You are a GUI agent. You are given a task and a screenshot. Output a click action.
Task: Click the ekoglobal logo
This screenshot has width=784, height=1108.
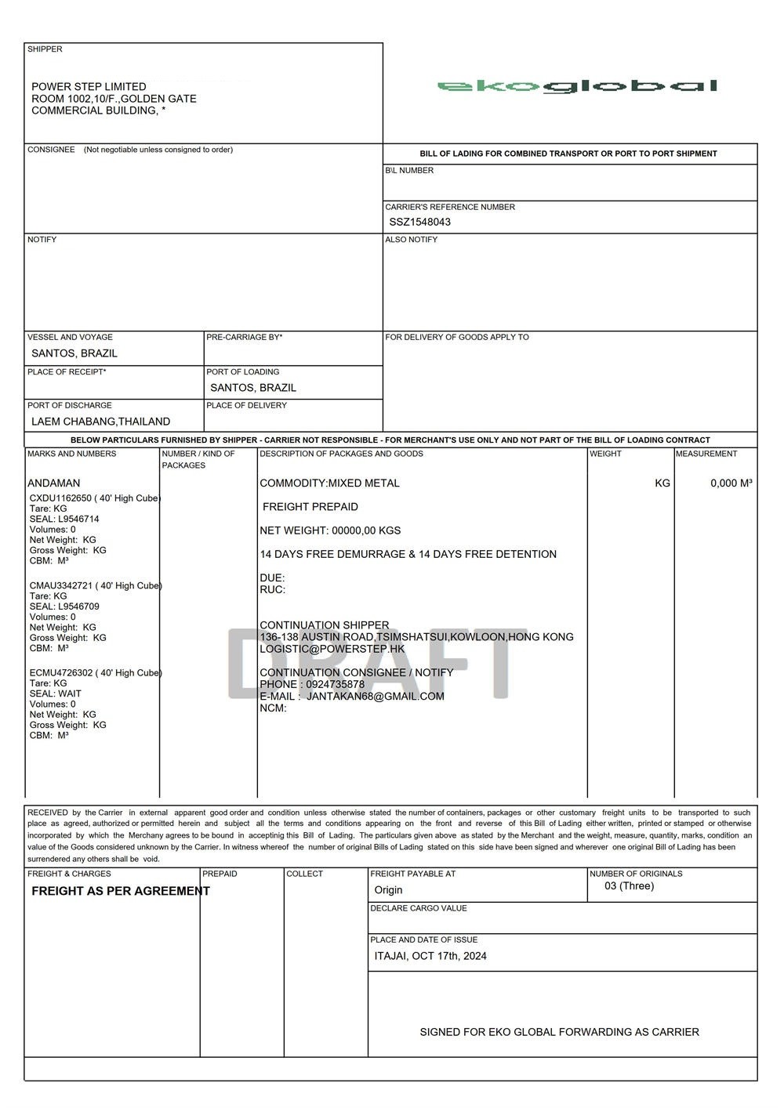click(577, 86)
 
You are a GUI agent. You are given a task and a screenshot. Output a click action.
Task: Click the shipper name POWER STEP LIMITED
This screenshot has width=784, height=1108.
click(89, 87)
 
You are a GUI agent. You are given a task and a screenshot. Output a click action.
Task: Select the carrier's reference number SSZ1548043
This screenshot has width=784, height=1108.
click(420, 222)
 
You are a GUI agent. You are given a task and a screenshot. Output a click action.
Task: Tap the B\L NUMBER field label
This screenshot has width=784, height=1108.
click(409, 171)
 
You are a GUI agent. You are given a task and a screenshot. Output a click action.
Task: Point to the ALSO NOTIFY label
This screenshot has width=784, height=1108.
click(412, 240)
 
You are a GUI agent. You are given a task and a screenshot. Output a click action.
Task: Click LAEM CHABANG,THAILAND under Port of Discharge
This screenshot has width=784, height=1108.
click(100, 422)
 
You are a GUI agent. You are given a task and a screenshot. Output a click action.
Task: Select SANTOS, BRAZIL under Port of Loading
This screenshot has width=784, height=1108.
click(253, 388)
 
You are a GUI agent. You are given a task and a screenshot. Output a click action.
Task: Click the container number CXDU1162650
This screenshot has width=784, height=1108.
click(60, 498)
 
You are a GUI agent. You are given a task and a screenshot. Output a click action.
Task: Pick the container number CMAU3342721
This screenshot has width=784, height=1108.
click(61, 586)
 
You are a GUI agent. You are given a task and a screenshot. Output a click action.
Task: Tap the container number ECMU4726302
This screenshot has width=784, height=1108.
click(61, 673)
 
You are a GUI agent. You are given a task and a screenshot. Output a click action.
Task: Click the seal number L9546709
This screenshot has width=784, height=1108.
click(78, 607)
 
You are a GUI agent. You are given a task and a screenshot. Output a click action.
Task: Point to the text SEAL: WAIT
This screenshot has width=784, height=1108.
click(56, 693)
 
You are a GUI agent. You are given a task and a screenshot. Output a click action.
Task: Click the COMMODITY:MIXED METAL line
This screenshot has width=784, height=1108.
click(329, 483)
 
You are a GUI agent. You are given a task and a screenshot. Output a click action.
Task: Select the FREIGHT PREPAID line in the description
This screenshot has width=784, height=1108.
click(310, 507)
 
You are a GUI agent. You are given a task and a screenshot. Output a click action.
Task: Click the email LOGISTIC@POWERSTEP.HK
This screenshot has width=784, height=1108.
click(332, 649)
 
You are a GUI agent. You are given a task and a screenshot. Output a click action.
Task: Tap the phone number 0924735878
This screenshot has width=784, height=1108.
click(335, 685)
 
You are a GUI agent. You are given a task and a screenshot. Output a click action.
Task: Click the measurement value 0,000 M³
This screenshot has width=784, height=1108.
click(731, 483)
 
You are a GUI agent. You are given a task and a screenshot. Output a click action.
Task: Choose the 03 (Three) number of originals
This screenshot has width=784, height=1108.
click(629, 886)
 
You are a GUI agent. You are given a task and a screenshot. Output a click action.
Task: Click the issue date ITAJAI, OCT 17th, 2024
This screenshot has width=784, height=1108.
click(430, 956)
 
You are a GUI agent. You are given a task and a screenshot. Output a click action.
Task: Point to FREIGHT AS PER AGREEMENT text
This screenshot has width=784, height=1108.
click(121, 891)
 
